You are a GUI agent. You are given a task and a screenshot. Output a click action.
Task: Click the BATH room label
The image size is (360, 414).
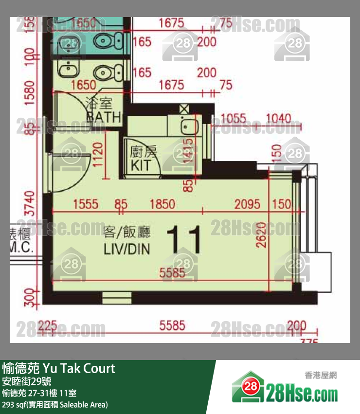(103, 117)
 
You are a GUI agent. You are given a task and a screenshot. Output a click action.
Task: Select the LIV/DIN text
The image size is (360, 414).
(126, 250)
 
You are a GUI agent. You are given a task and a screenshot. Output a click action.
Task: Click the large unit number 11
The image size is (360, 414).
(184, 240)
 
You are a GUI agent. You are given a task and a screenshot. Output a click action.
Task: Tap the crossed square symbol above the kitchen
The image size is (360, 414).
(184, 109)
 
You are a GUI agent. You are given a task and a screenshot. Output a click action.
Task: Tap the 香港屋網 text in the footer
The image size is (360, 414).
(321, 375)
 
